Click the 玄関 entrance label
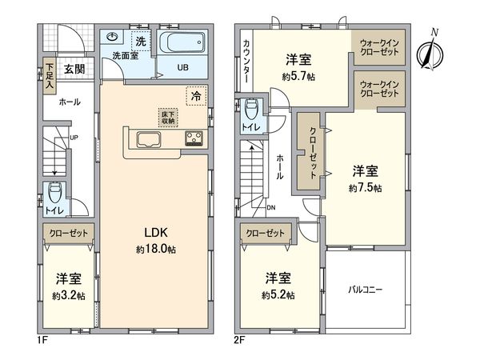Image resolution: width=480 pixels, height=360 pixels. pyautogui.click(x=75, y=70)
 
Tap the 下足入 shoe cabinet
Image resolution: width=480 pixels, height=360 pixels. pyautogui.click(x=50, y=74)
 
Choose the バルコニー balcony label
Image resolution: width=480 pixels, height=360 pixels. pyautogui.click(x=366, y=289)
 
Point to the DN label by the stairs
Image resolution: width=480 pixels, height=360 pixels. pyautogui.click(x=271, y=208)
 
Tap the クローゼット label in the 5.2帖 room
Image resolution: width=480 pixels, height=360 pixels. pyautogui.click(x=266, y=233)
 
